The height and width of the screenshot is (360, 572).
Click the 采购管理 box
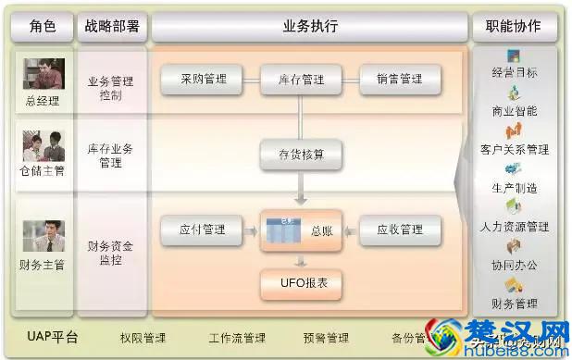tap(202, 81)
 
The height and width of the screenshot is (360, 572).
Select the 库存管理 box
tap(300, 81)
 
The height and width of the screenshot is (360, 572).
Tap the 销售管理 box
tap(399, 81)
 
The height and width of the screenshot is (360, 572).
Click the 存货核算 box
tap(300, 154)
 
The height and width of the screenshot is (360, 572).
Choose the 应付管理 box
tap(202, 230)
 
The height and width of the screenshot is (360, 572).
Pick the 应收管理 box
tap(399, 230)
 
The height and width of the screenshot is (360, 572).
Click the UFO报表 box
tap(300, 283)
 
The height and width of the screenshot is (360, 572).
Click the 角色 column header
tap(43, 26)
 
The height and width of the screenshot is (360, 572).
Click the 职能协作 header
tap(513, 26)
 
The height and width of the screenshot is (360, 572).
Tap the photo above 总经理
tap(44, 73)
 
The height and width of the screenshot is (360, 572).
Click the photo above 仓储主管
tap(44, 145)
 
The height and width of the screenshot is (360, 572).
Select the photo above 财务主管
tap(44, 235)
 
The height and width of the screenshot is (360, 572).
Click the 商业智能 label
tap(515, 111)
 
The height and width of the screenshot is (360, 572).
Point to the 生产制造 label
tap(515, 188)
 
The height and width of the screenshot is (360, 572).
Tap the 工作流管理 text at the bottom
tap(237, 338)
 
